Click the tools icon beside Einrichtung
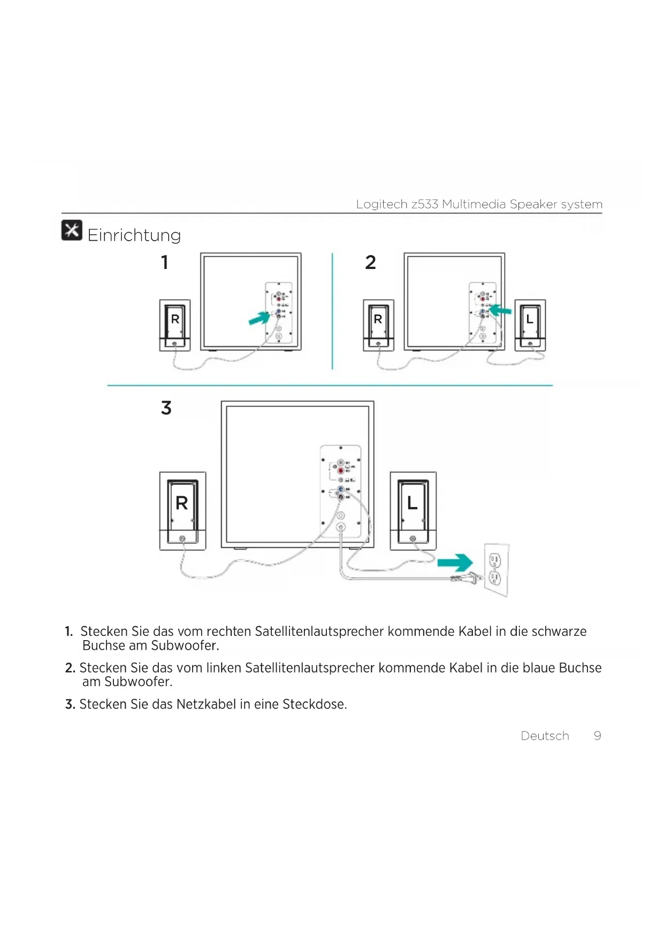click(x=72, y=230)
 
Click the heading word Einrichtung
click(x=134, y=235)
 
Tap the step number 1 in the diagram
click(x=165, y=263)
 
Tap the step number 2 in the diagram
click(x=370, y=263)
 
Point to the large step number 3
click(x=166, y=408)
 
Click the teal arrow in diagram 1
click(x=260, y=318)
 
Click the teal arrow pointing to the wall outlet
click(x=455, y=563)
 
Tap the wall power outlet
click(x=496, y=570)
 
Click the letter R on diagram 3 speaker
click(x=182, y=503)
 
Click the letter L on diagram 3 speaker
click(x=412, y=503)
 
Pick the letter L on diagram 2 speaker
click(x=530, y=319)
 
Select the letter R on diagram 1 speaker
click(x=175, y=319)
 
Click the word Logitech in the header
click(x=381, y=204)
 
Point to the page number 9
click(x=597, y=736)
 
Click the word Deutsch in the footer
click(x=545, y=736)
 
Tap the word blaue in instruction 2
click(x=539, y=668)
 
